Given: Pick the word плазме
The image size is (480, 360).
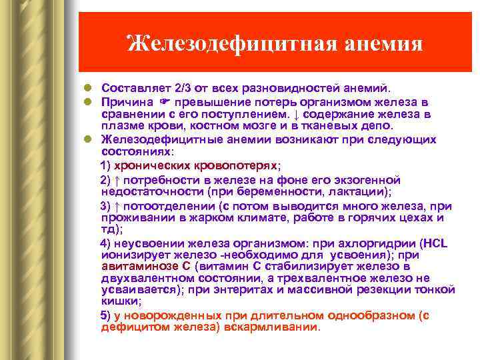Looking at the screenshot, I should click(x=119, y=125).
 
